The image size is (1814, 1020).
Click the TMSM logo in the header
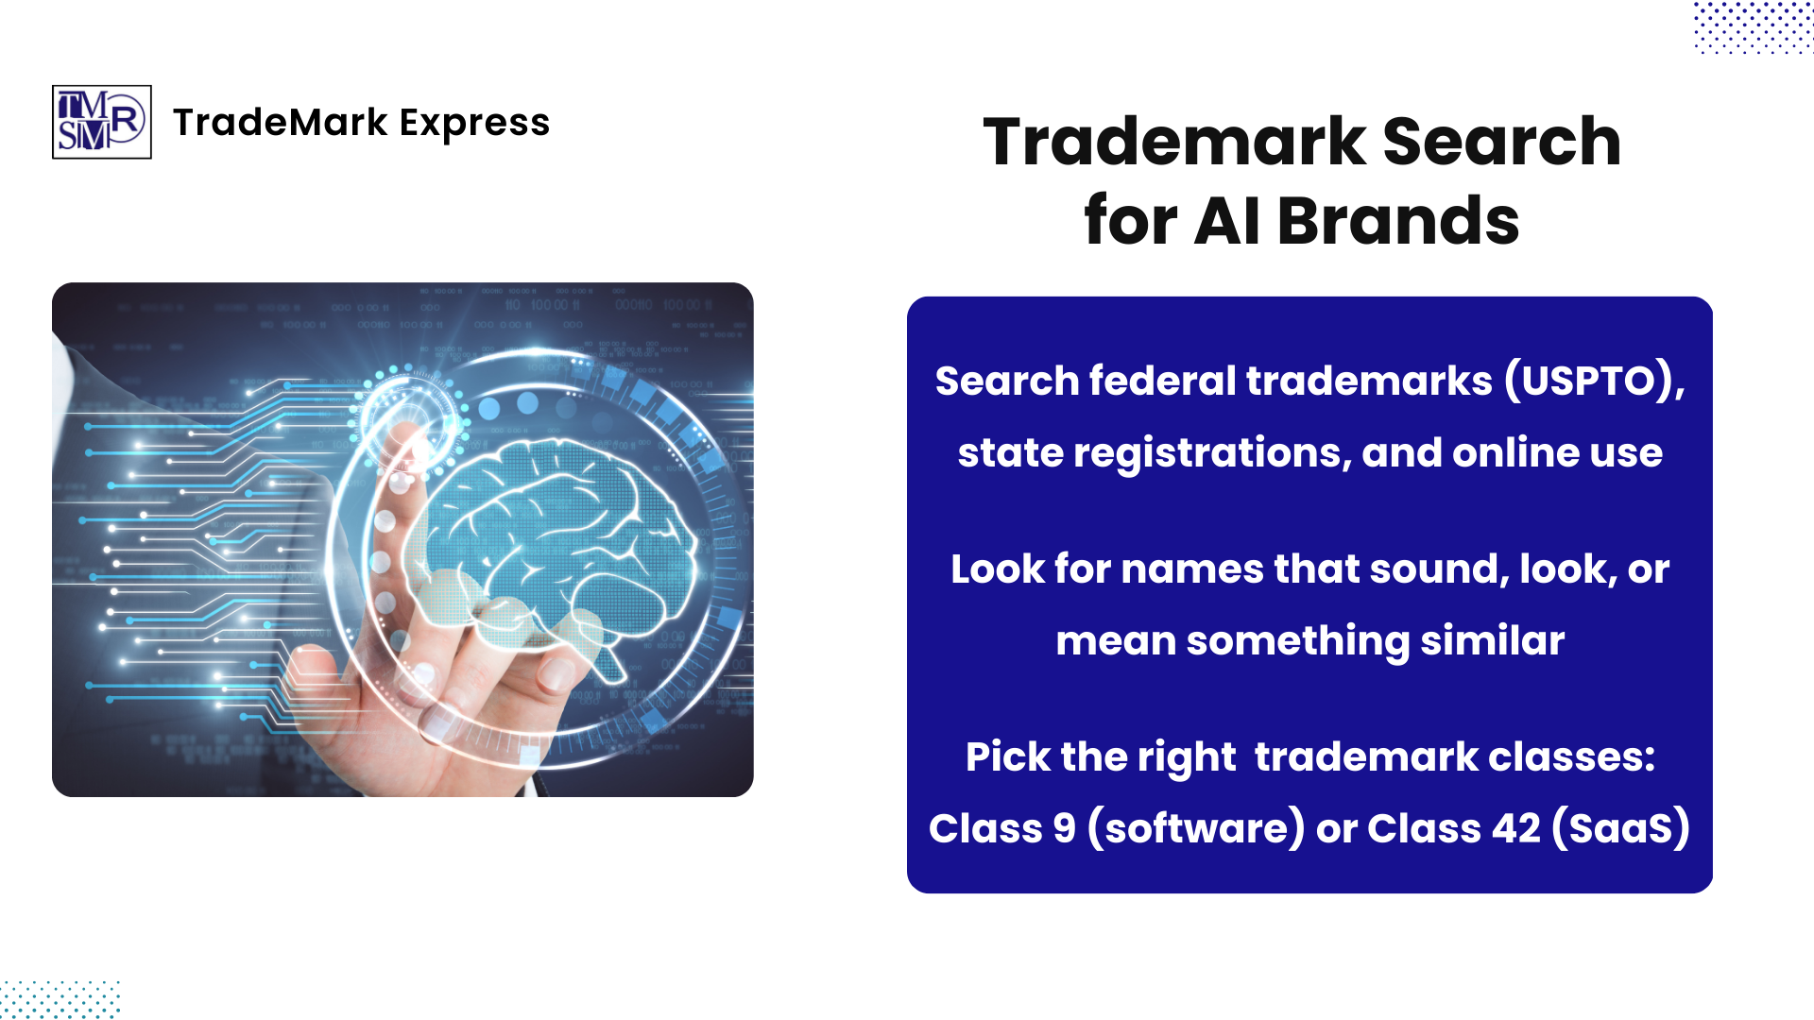(101, 122)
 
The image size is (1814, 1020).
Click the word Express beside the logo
(474, 123)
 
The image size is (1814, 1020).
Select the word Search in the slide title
(1501, 142)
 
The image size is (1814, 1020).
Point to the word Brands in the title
(1398, 221)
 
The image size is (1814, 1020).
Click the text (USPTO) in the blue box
(1594, 381)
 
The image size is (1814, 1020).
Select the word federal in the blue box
(1162, 381)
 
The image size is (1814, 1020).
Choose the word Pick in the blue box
(1007, 757)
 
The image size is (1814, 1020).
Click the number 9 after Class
(1064, 829)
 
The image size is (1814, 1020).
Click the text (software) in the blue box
(1196, 829)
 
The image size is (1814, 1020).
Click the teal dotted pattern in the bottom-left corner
(59, 999)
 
